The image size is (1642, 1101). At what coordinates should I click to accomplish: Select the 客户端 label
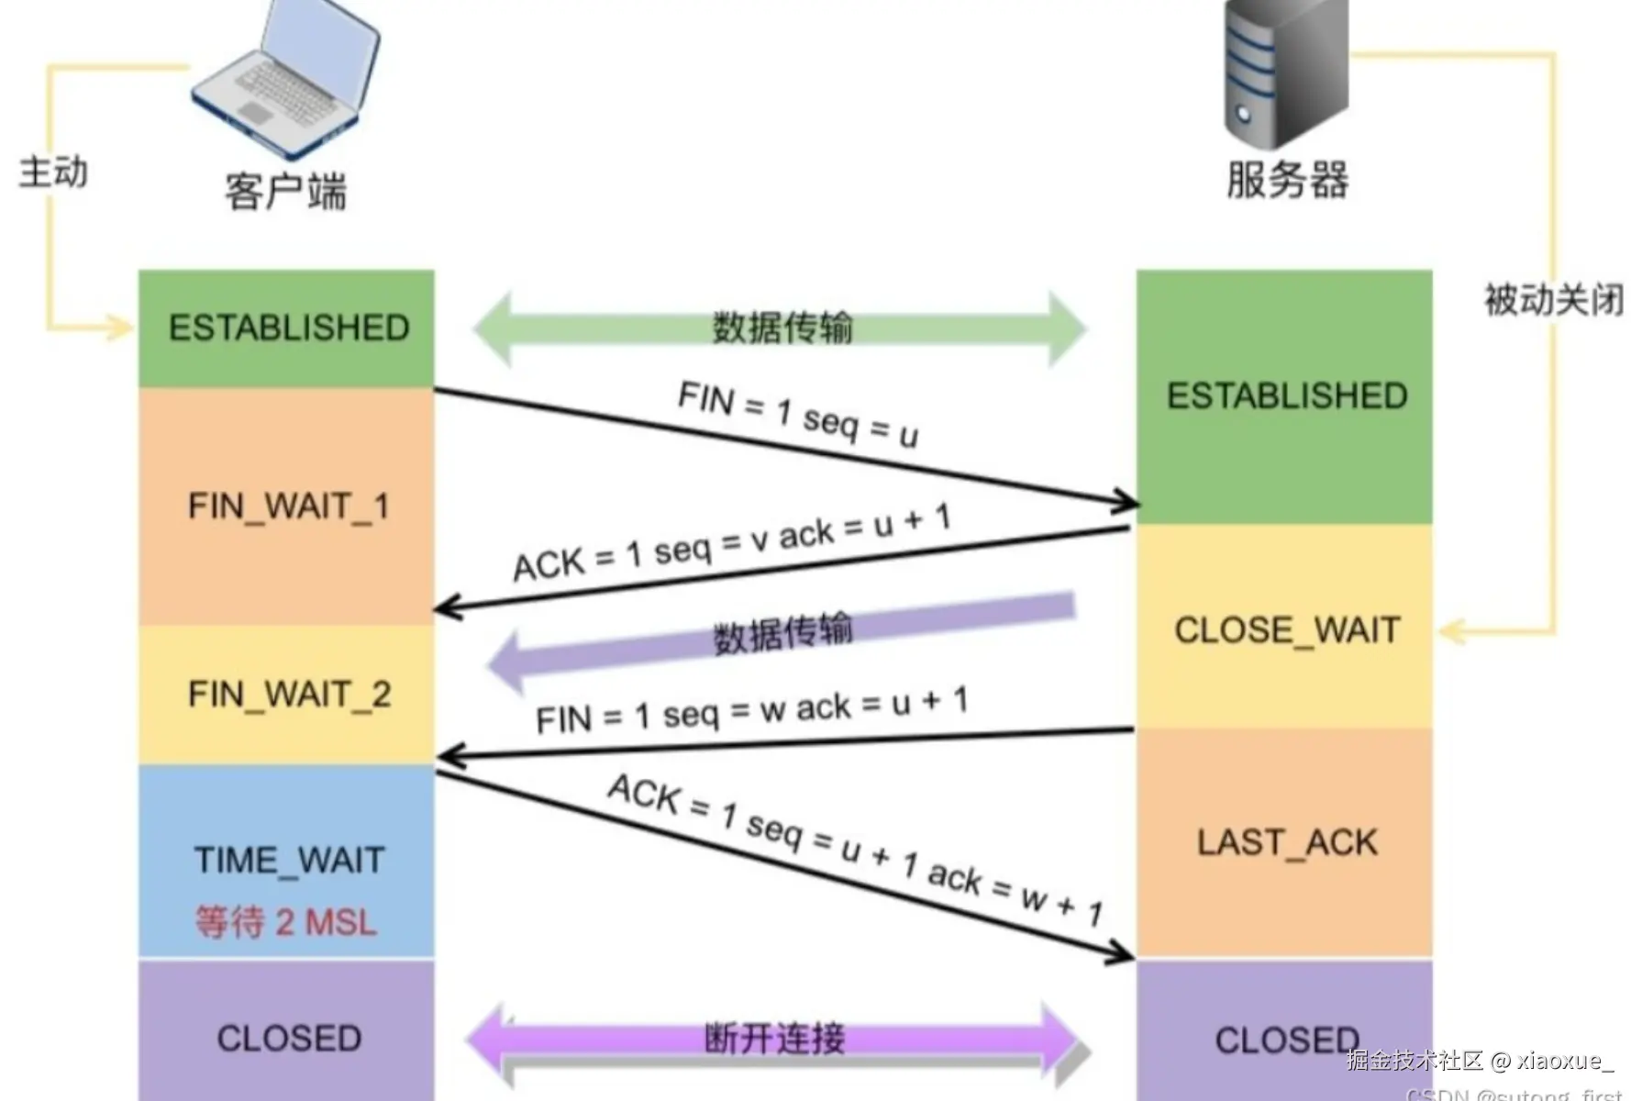[x=286, y=191]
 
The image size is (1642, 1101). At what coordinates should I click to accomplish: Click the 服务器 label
[x=1287, y=179]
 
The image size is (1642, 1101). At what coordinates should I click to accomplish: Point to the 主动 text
[x=53, y=172]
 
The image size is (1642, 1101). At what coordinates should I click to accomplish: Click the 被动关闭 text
[x=1554, y=299]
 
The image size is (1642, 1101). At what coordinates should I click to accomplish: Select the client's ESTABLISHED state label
[x=289, y=328]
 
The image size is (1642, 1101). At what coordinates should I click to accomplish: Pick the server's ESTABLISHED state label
[x=1286, y=395]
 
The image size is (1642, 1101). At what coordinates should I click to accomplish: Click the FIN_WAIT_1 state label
[x=289, y=506]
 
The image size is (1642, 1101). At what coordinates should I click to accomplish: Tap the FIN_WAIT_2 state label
[x=289, y=694]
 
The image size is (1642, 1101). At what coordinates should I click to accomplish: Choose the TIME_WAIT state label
[x=289, y=860]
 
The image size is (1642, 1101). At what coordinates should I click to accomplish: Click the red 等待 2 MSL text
[x=286, y=921]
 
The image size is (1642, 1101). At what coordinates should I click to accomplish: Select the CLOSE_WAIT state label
[x=1286, y=630]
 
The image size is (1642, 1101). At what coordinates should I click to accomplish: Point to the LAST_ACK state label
[x=1286, y=842]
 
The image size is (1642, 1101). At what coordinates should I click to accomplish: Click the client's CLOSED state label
[x=289, y=1038]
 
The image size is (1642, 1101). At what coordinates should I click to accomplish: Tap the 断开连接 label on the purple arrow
[x=774, y=1038]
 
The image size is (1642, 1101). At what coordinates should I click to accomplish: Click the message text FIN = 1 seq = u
[x=797, y=415]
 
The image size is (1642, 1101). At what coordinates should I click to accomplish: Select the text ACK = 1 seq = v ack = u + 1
[x=731, y=542]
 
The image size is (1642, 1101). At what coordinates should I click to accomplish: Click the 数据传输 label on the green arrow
[x=782, y=327]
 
